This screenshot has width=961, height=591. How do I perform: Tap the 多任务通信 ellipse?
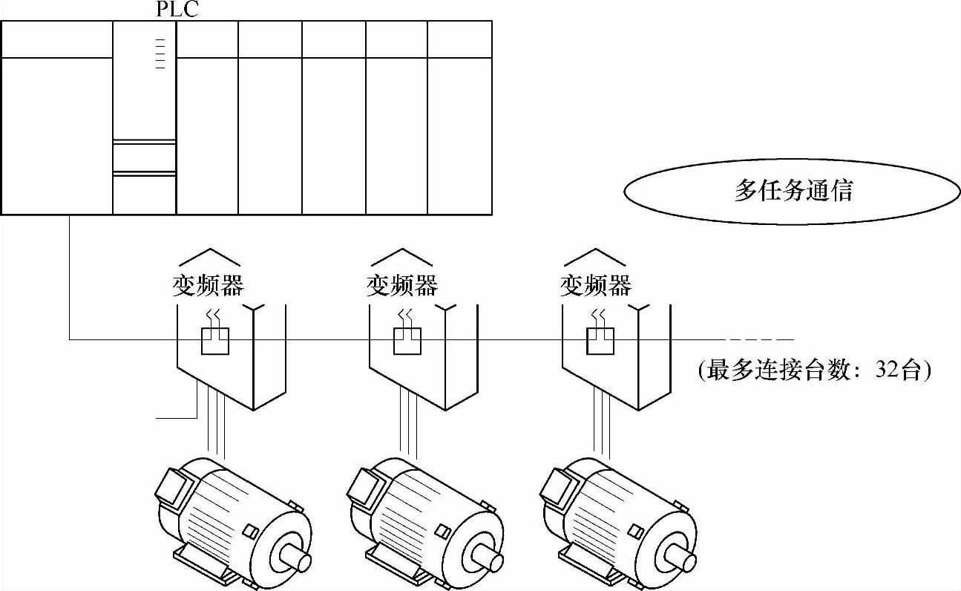click(x=793, y=190)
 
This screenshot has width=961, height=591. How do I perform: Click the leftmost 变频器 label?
click(x=208, y=285)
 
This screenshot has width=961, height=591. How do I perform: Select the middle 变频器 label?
click(x=401, y=285)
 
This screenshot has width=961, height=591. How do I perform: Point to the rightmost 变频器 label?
click(x=595, y=285)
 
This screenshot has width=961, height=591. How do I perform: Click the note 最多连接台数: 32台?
click(x=814, y=370)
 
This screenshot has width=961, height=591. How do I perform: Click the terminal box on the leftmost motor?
click(x=171, y=486)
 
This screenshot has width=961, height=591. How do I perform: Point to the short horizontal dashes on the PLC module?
click(x=160, y=52)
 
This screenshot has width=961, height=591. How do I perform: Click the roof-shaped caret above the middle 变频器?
click(x=401, y=256)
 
